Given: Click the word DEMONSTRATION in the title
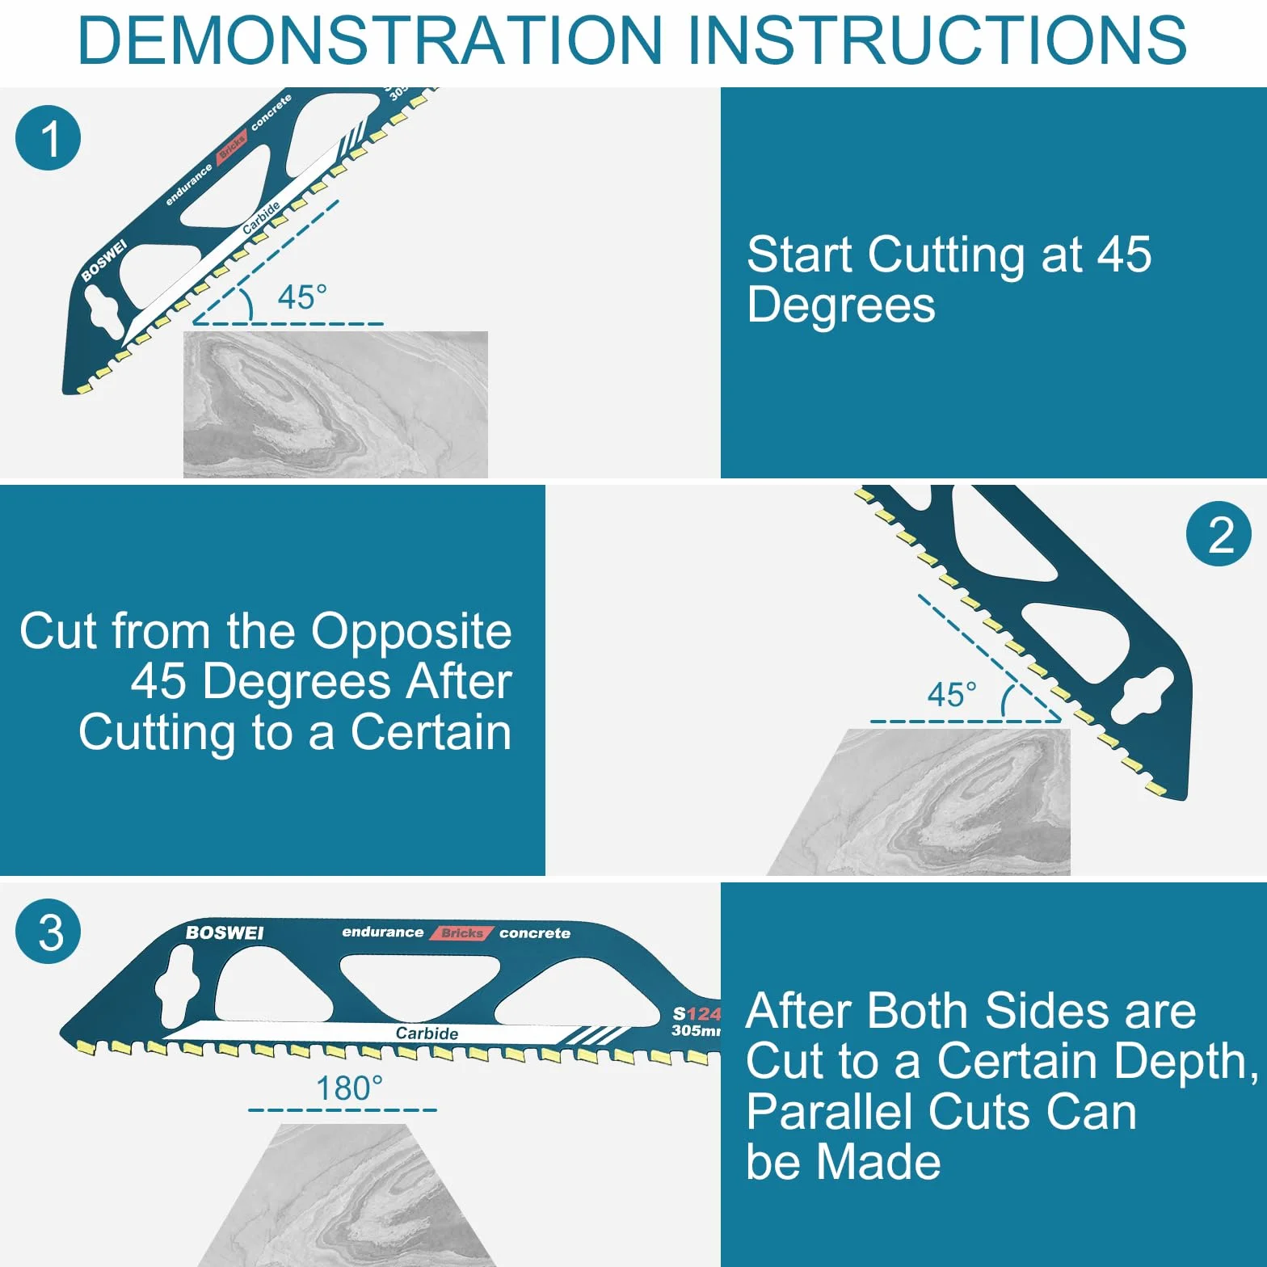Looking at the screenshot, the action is coord(371,40).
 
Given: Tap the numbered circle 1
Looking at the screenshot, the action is coord(48,137).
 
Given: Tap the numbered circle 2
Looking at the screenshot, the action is coord(1219,534).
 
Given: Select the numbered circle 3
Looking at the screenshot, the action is coord(48,931).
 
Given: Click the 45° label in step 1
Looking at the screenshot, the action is coord(302,297).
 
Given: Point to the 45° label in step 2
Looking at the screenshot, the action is coord(952,695).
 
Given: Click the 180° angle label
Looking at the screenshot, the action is coord(349,1088).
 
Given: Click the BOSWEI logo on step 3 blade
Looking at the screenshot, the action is coord(225,932).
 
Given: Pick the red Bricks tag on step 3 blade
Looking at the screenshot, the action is coord(461,932).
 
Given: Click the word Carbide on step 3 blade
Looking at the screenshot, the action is coord(427,1033).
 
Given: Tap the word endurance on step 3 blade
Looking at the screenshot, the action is coord(382,932).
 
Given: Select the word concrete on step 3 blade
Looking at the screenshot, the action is coord(535,933).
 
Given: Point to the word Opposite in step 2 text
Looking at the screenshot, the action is coord(411,633).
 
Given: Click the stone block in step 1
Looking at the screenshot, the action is coord(335,404).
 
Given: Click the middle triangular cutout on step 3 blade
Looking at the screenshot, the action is coord(419,984).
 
